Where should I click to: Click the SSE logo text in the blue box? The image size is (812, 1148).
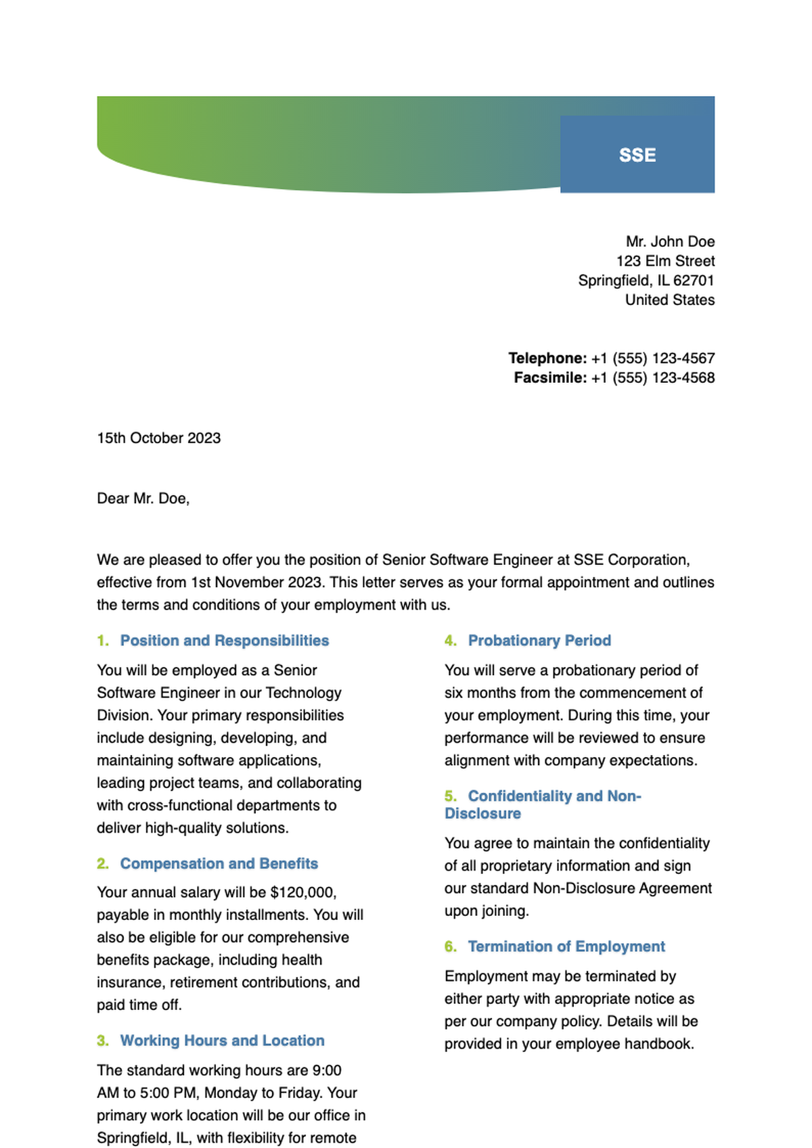point(637,155)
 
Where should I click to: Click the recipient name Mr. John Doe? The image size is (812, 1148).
point(670,242)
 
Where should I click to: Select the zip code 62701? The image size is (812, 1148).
point(694,281)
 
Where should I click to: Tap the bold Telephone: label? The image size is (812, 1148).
point(547,358)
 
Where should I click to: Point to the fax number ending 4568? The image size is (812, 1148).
point(653,377)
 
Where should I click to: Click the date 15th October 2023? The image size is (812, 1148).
point(159,438)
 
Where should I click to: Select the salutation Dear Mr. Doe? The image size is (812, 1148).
point(143,499)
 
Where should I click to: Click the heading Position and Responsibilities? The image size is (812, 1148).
point(224,641)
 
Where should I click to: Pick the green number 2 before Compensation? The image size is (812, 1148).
point(102,864)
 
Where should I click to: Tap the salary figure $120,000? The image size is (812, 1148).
point(302,892)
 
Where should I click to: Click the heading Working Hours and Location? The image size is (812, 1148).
point(222,1040)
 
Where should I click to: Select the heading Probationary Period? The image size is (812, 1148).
point(539,641)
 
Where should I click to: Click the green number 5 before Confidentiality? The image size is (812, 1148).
point(451,796)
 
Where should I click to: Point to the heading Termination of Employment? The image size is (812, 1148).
point(566,946)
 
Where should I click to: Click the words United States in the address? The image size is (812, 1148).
point(669,300)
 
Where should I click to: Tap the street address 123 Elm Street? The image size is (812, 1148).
point(665,261)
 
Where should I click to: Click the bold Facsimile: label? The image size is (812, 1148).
point(550,377)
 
